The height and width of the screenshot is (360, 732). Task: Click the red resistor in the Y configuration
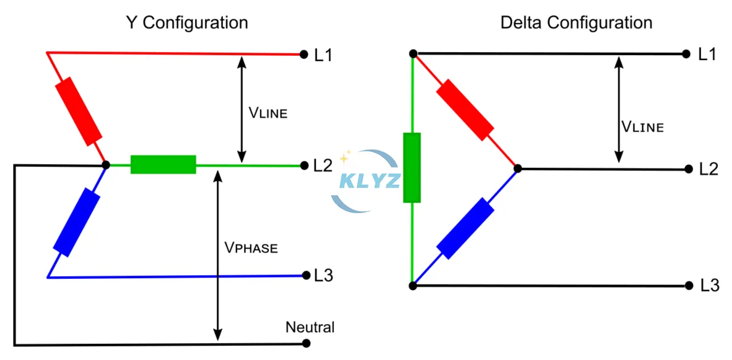[79, 110]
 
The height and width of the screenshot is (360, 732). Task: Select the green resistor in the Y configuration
[163, 165]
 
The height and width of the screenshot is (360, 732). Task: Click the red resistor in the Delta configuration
[464, 110]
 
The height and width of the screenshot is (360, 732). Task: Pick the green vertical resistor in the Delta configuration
[412, 168]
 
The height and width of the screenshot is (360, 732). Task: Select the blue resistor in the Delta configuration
[465, 227]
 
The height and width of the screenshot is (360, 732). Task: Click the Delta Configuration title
[576, 23]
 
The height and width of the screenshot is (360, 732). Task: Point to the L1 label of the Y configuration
[323, 55]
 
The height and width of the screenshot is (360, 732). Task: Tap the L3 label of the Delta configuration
[710, 286]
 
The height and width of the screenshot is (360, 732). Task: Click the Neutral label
[310, 327]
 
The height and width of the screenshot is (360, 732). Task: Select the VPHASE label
[251, 248]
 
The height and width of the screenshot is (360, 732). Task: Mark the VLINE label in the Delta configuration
[642, 127]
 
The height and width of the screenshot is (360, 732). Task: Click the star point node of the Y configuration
[106, 165]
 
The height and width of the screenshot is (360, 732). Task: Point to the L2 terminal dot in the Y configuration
[304, 165]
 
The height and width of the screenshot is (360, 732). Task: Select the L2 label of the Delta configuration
[708, 169]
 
